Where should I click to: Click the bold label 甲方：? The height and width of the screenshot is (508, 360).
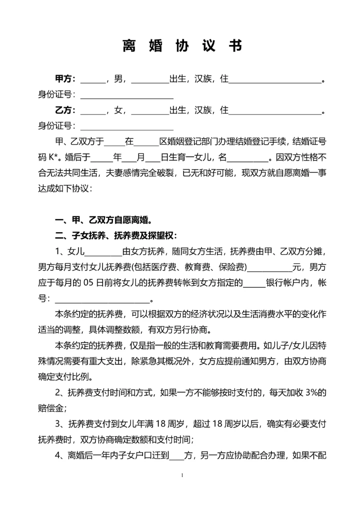coord(65,79)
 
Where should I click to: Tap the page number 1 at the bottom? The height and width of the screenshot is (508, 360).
coord(182,475)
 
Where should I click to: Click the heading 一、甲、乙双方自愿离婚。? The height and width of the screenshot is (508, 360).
coord(103,220)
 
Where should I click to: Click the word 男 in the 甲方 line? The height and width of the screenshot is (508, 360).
coord(118,79)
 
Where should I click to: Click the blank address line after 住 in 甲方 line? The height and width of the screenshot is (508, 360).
coord(274,79)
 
